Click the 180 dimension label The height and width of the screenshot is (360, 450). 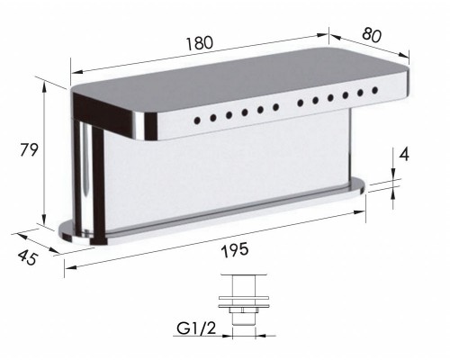point(200,43)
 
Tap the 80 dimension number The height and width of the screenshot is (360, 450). point(372,35)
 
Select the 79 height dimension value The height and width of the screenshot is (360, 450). point(29,149)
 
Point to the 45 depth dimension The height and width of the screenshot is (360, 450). point(28,257)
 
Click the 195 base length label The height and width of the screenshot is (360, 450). point(235,250)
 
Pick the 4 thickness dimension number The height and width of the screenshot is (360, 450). point(404,155)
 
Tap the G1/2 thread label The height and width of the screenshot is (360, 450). point(196,328)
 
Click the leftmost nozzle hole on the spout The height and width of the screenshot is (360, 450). point(197,121)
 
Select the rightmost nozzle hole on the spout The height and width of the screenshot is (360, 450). point(374,90)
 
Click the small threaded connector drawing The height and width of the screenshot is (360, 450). point(243,301)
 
